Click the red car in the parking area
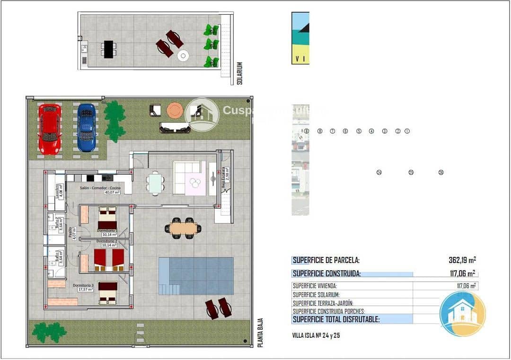pyautogui.click(x=49, y=129)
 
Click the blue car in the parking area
pyautogui.click(x=86, y=128)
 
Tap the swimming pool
pyautogui.click(x=196, y=276)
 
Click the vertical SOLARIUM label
pyautogui.click(x=239, y=73)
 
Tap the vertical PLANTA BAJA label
pyautogui.click(x=260, y=333)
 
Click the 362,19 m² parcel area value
pyautogui.click(x=462, y=260)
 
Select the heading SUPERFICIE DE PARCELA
pyautogui.click(x=326, y=260)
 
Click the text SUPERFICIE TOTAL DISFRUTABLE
pyautogui.click(x=336, y=319)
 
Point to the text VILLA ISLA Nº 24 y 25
pyautogui.click(x=316, y=335)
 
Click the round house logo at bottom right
pyautogui.click(x=462, y=314)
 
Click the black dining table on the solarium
pyautogui.click(x=109, y=49)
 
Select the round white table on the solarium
pyautogui.click(x=183, y=56)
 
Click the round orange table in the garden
pyautogui.click(x=174, y=110)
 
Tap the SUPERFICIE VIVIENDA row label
pyautogui.click(x=315, y=286)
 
